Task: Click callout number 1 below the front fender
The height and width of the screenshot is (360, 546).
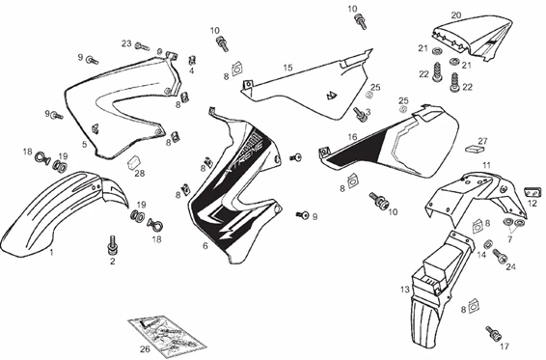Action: click(x=51, y=250)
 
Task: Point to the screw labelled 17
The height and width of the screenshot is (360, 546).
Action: click(x=499, y=334)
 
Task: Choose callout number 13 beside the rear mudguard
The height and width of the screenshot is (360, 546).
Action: click(x=405, y=289)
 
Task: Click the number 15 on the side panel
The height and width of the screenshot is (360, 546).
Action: click(x=287, y=68)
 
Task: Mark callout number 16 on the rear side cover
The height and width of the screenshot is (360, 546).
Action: click(x=353, y=137)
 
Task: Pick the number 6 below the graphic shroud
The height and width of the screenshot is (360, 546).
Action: click(x=205, y=246)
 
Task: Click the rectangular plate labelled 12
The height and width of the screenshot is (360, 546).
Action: click(x=531, y=191)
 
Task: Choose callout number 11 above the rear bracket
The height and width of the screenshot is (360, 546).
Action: click(x=487, y=165)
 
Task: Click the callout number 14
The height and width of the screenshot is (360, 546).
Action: click(x=481, y=255)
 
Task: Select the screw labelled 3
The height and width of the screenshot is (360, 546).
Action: click(x=359, y=112)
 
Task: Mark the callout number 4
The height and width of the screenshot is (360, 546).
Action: click(x=191, y=70)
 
